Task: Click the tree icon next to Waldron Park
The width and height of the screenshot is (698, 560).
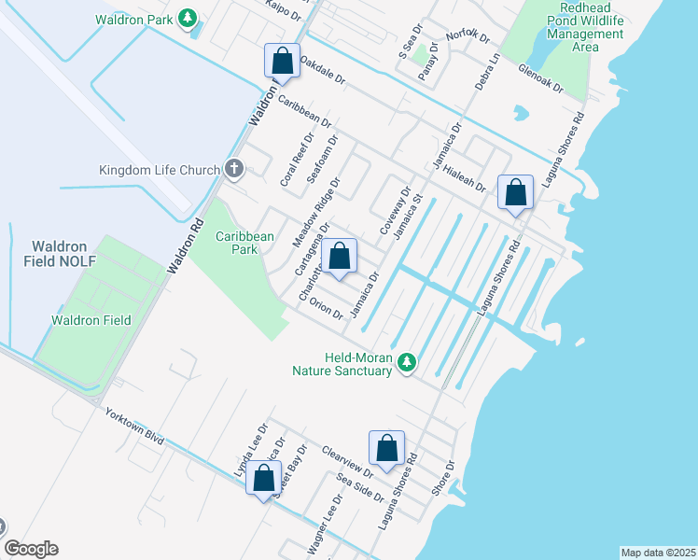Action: click(x=188, y=18)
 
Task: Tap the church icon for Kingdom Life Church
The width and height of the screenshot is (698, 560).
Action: click(x=233, y=170)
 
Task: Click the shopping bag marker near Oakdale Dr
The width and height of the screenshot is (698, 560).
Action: click(x=282, y=62)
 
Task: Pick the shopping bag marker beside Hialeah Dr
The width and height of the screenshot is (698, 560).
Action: click(x=515, y=193)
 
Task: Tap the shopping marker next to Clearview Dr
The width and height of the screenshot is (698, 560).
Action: click(x=386, y=449)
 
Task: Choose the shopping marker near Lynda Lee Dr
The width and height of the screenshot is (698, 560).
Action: click(x=264, y=479)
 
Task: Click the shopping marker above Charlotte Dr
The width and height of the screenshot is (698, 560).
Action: click(x=340, y=257)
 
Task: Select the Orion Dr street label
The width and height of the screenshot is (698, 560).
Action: click(x=327, y=308)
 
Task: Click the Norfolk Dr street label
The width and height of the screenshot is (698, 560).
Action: click(x=468, y=36)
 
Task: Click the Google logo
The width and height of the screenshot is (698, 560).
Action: click(x=31, y=549)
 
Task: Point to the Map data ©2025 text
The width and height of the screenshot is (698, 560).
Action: click(x=658, y=553)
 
